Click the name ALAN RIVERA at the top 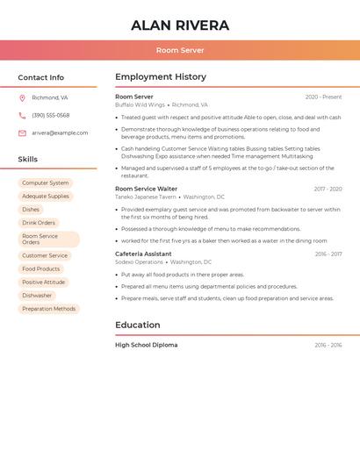(x=180, y=25)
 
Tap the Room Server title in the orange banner (x=180, y=51)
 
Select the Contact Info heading (x=41, y=77)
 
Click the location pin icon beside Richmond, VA (x=22, y=98)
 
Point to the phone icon (x=22, y=116)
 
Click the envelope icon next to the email (x=22, y=133)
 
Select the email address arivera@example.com (x=60, y=133)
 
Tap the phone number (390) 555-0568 (x=51, y=116)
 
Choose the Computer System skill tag (x=46, y=183)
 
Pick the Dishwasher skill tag (x=37, y=296)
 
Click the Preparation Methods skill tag (x=49, y=309)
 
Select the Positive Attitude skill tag (x=44, y=283)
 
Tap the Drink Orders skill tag (x=39, y=223)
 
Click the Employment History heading (x=161, y=77)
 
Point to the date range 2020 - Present (x=323, y=97)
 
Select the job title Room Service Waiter (x=146, y=189)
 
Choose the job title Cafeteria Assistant (x=143, y=254)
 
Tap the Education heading (x=137, y=325)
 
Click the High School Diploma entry (x=146, y=345)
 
